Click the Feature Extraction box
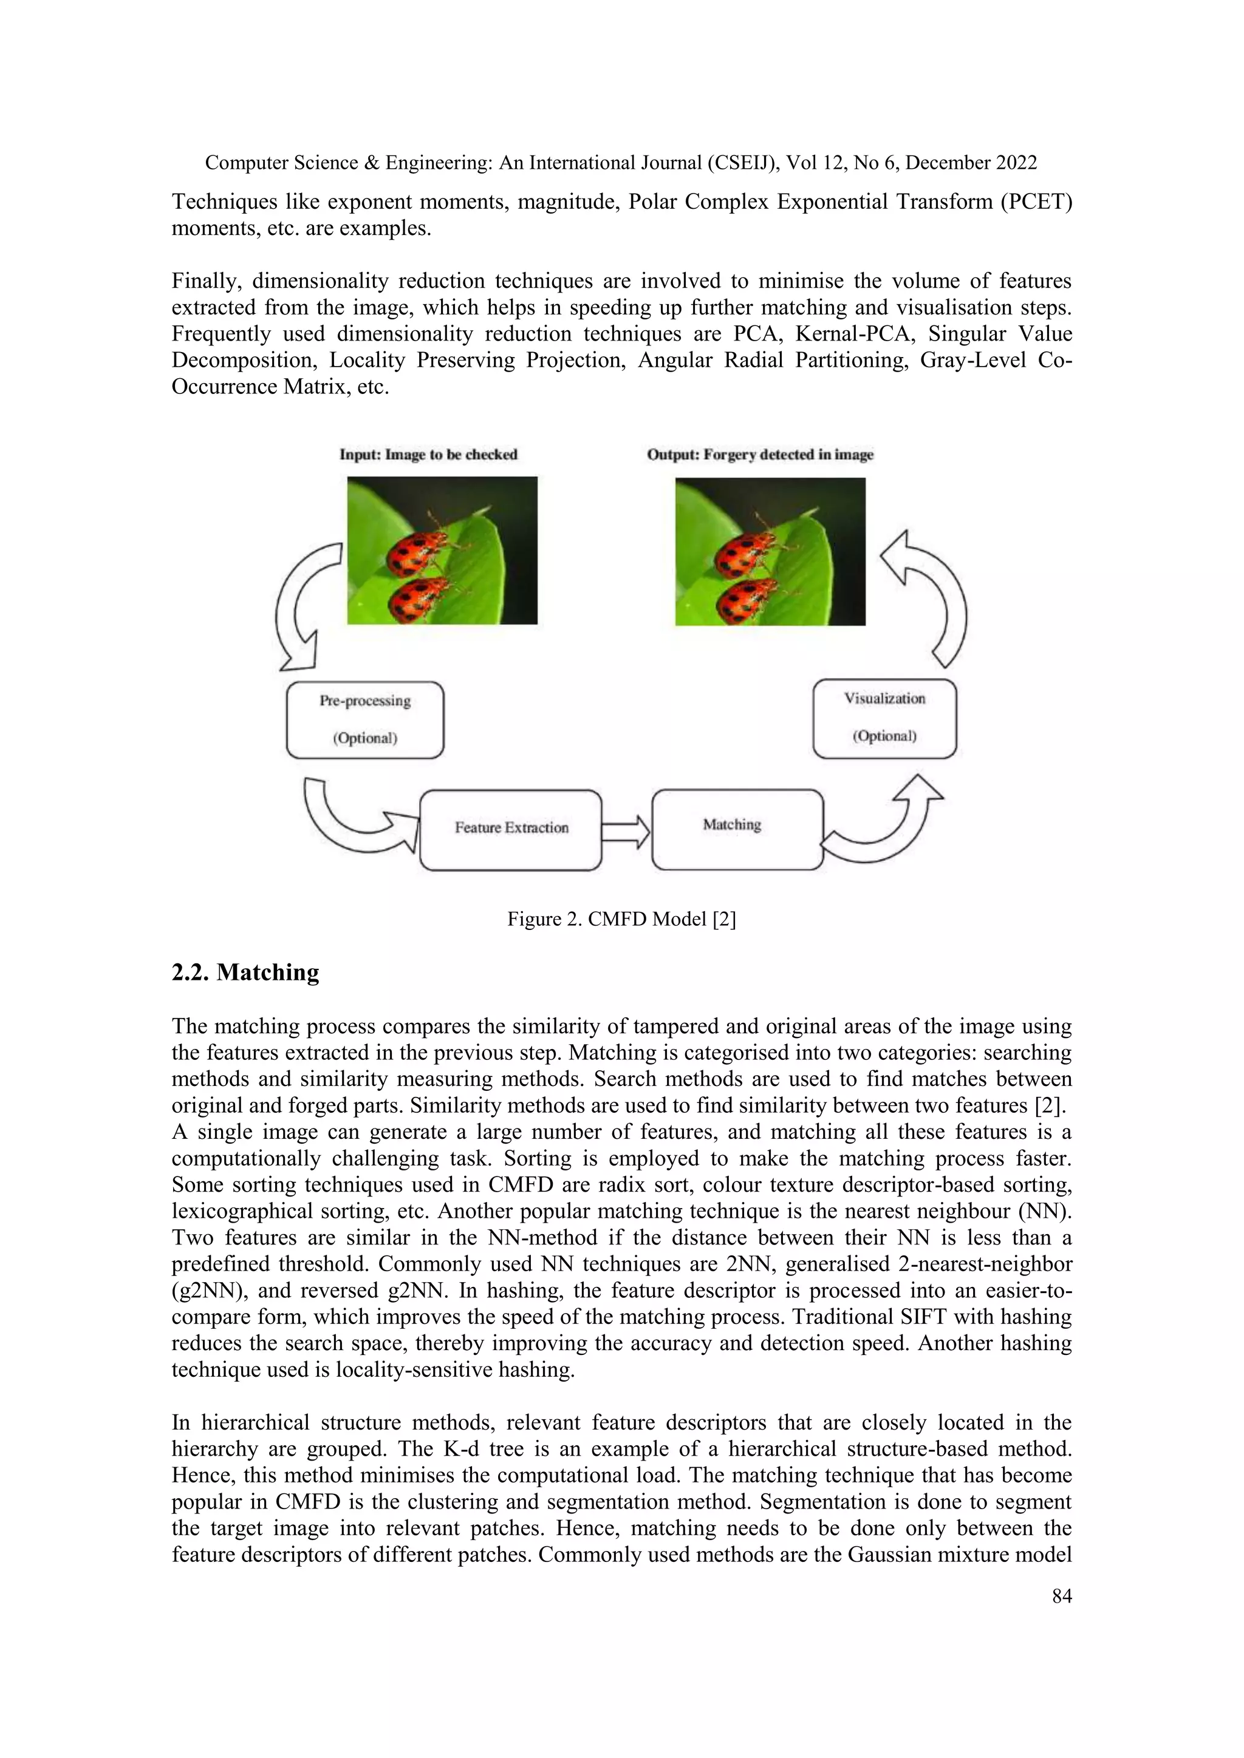(511, 829)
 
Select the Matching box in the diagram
(737, 829)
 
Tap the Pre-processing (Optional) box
(364, 720)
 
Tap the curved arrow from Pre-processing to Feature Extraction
(349, 823)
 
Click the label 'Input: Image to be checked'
(428, 455)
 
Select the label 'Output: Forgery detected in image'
(760, 455)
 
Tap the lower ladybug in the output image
(748, 602)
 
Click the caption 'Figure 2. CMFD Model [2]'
(621, 919)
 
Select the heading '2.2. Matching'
(245, 972)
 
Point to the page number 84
(1062, 1596)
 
